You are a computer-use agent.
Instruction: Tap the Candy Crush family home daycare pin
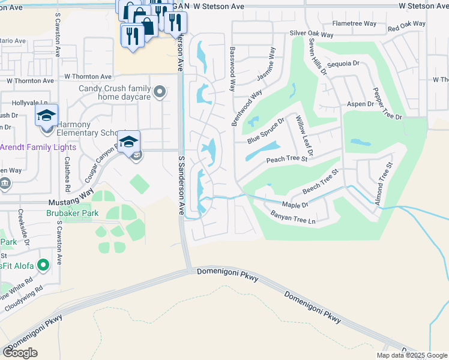tap(159, 92)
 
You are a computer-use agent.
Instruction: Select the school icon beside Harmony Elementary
tap(46, 116)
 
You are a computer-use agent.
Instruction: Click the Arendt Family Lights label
tap(37, 147)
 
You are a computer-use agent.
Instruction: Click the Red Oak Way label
tap(406, 26)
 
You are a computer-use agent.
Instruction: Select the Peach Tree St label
tap(286, 160)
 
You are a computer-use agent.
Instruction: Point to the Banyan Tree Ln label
tap(292, 217)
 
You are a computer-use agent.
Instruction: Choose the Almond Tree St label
tap(384, 183)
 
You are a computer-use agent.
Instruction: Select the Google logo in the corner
tap(20, 353)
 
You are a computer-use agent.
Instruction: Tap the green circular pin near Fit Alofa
tap(43, 264)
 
